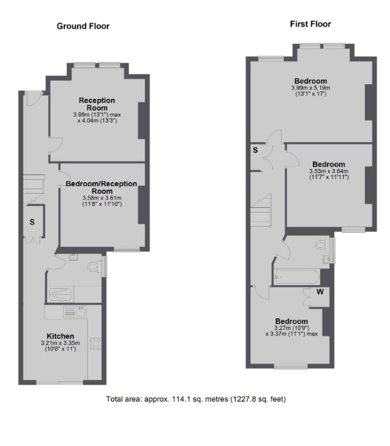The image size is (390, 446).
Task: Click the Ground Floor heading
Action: click(x=82, y=26)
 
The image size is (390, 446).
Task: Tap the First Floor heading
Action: click(x=310, y=24)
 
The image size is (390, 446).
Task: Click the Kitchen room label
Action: click(x=60, y=336)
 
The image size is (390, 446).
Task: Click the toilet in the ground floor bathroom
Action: click(x=94, y=267)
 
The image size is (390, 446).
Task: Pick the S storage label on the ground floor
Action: click(x=33, y=222)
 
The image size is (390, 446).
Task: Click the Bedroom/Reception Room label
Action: click(x=101, y=187)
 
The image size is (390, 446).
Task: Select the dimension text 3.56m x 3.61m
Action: click(x=101, y=198)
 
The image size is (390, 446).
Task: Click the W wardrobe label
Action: click(x=320, y=291)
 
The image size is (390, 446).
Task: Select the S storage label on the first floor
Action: click(x=256, y=150)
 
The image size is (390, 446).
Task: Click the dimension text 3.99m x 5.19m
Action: click(x=310, y=88)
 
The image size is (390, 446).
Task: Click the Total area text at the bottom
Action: click(x=196, y=399)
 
